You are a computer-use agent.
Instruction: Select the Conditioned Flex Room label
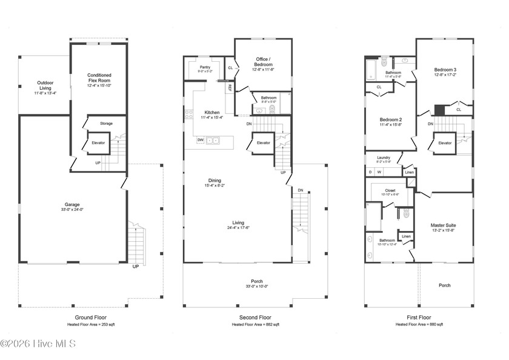(x=99, y=78)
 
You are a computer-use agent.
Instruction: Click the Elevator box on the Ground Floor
(x=99, y=143)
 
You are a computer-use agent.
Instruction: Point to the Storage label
(x=107, y=124)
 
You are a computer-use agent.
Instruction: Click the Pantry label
(x=205, y=68)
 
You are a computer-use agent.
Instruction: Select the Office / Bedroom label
(x=264, y=62)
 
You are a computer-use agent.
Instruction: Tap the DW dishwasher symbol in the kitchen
(x=200, y=140)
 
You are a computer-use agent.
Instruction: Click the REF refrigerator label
(x=230, y=87)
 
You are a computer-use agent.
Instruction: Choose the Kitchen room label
(x=212, y=113)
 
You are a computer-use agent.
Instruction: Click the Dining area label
(x=215, y=180)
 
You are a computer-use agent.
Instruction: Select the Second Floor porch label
(x=257, y=281)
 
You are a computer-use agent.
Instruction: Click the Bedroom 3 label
(x=445, y=70)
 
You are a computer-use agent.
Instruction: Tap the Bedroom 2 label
(x=391, y=119)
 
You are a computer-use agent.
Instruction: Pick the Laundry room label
(x=384, y=158)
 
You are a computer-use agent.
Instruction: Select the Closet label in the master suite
(x=390, y=190)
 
